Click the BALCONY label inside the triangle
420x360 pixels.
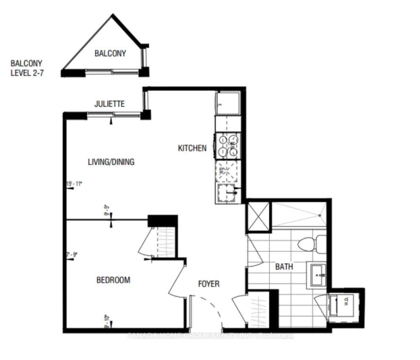pyautogui.click(x=110, y=53)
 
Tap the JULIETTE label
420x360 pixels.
pyautogui.click(x=110, y=104)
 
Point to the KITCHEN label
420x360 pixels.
pyautogui.click(x=192, y=148)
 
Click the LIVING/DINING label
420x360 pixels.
pyautogui.click(x=111, y=162)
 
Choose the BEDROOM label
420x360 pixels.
pyautogui.click(x=113, y=280)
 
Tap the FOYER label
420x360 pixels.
pyautogui.click(x=209, y=284)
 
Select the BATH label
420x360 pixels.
pyautogui.click(x=284, y=267)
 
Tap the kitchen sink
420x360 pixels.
pyautogui.click(x=227, y=194)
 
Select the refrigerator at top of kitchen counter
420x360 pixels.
pyautogui.click(x=227, y=103)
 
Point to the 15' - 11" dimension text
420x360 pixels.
pyautogui.click(x=74, y=184)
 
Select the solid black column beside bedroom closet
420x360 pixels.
pyautogui.click(x=163, y=220)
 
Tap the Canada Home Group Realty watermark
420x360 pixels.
pyautogui.click(x=210, y=335)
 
